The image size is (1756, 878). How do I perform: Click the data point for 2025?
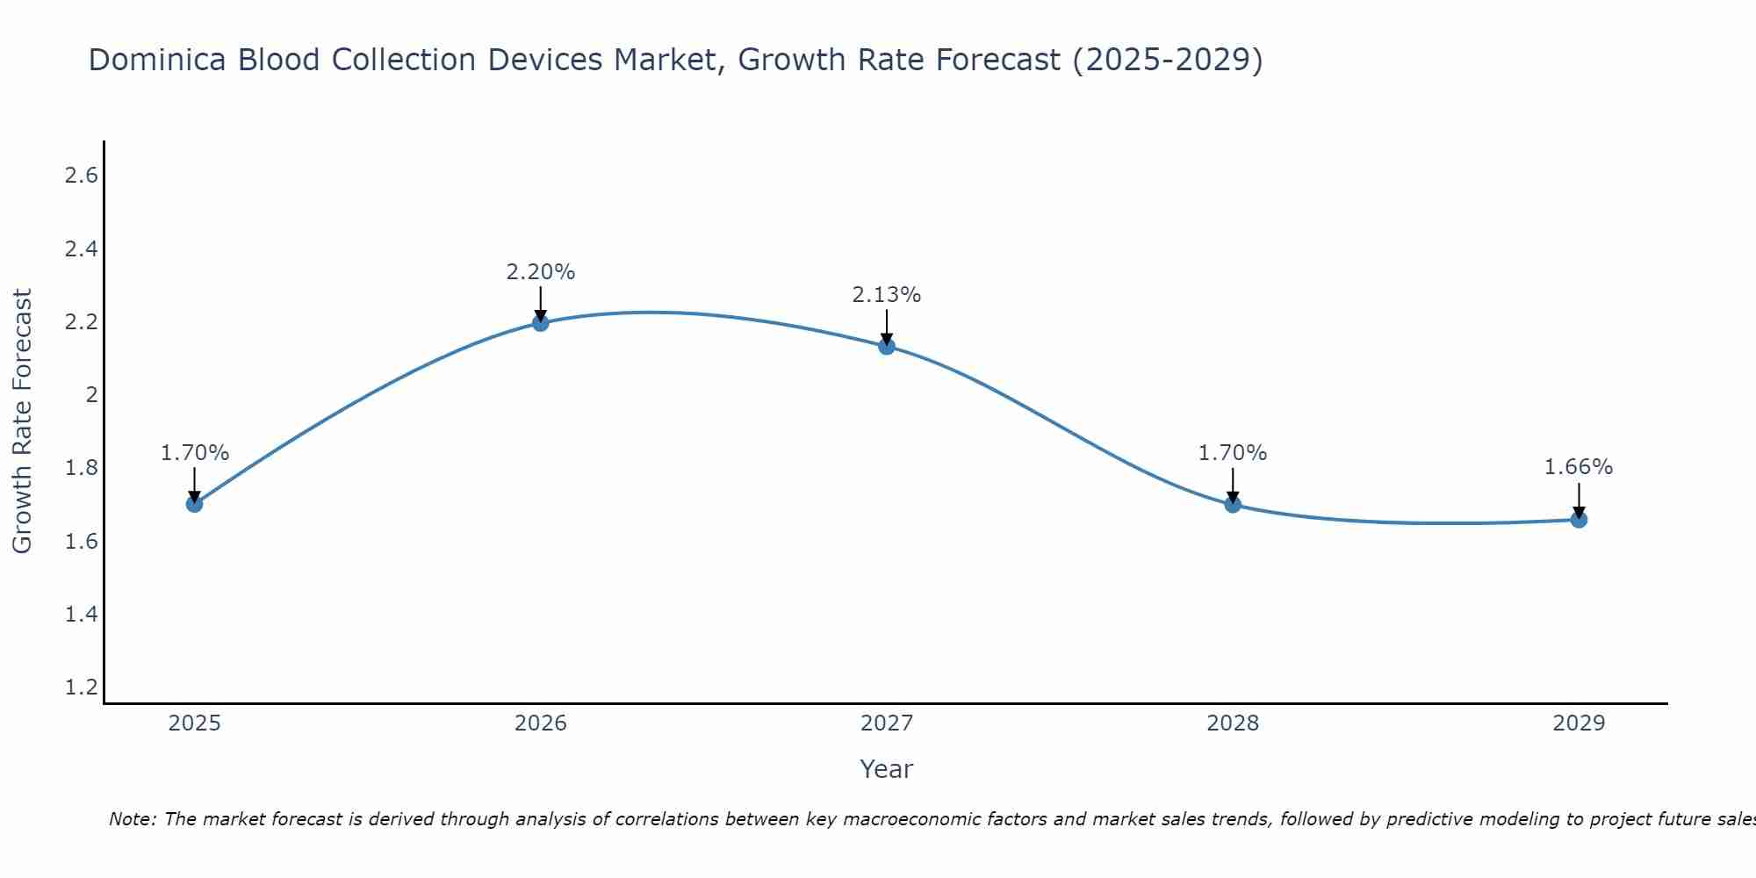click(x=195, y=504)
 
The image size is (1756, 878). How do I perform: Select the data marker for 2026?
click(x=541, y=323)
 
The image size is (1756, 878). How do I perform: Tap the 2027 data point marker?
click(x=887, y=347)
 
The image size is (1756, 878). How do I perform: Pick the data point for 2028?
click(x=1233, y=505)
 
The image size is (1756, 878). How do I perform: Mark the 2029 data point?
click(x=1579, y=520)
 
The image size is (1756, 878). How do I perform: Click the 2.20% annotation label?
click(x=541, y=272)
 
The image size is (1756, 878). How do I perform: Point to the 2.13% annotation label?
click(x=887, y=295)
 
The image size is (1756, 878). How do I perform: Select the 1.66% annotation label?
click(x=1579, y=467)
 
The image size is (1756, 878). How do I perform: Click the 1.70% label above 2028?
click(x=1233, y=453)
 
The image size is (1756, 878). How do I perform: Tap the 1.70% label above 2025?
click(x=195, y=453)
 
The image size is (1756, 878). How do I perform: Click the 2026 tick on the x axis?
click(x=541, y=723)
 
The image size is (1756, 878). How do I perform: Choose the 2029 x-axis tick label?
click(x=1579, y=723)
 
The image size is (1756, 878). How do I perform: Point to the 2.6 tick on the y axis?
click(x=81, y=176)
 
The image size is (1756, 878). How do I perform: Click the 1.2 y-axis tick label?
click(x=81, y=687)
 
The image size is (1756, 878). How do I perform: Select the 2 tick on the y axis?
click(x=91, y=395)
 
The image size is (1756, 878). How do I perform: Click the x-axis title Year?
click(x=887, y=769)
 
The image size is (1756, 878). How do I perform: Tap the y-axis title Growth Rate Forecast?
click(x=23, y=421)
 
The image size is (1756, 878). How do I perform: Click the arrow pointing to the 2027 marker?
click(x=887, y=327)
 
